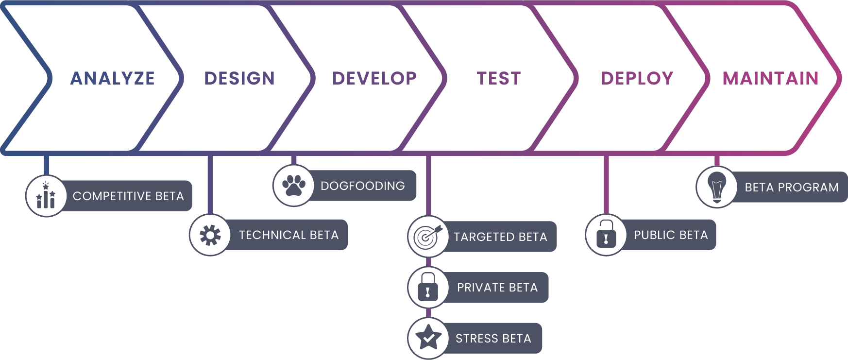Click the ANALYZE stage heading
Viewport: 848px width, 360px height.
(x=113, y=78)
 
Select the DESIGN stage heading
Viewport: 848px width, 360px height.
(x=239, y=78)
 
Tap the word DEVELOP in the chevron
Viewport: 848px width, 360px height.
(x=374, y=78)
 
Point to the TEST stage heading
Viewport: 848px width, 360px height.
(x=499, y=78)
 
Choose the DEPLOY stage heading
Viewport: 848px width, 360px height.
(x=637, y=78)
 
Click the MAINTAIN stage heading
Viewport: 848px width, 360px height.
(x=771, y=78)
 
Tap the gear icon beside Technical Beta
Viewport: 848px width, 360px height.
(x=210, y=235)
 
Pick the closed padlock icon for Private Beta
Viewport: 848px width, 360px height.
(x=428, y=287)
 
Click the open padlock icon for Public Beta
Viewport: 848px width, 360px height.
(x=606, y=235)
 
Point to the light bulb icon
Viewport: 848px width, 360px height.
(x=716, y=187)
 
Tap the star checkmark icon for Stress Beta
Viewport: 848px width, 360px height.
(x=428, y=338)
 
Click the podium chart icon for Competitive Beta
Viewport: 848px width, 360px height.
(x=46, y=196)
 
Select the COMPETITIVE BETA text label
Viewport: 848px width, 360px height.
(x=128, y=196)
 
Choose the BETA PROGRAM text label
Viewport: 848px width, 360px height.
(x=791, y=188)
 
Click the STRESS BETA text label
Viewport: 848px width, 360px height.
(x=493, y=339)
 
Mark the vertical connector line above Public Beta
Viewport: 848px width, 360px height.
(x=606, y=185)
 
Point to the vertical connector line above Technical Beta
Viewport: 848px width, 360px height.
(x=210, y=185)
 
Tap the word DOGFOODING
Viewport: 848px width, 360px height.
(x=362, y=186)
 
